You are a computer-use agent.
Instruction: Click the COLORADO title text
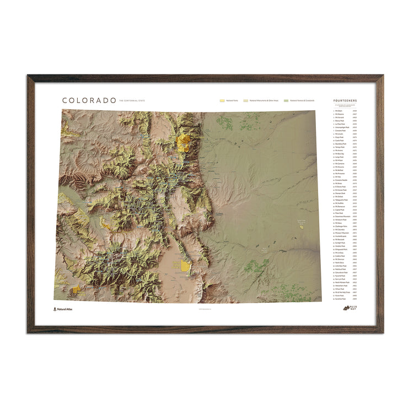(x=89, y=100)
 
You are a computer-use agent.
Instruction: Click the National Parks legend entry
(x=231, y=101)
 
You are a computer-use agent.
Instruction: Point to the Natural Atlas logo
(x=63, y=309)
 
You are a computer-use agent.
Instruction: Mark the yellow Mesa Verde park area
(x=76, y=289)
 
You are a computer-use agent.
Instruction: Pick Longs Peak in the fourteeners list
(x=340, y=157)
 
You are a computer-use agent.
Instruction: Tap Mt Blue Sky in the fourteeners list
(x=340, y=153)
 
